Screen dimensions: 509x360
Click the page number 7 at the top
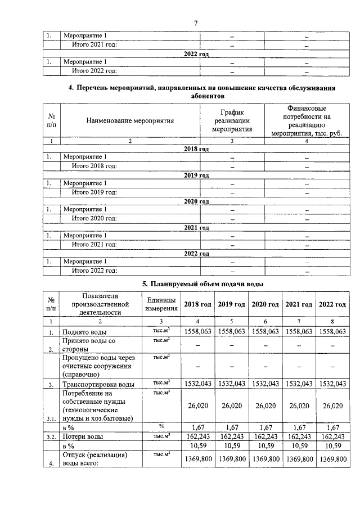[x=195, y=23]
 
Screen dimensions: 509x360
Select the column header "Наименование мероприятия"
[x=130, y=120]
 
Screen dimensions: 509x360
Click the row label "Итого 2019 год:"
[x=94, y=192]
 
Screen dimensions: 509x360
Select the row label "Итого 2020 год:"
[x=94, y=218]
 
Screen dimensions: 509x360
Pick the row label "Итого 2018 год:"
[x=94, y=166]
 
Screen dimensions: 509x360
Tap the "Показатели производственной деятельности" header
[x=100, y=304]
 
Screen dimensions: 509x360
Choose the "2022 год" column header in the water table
[x=332, y=304]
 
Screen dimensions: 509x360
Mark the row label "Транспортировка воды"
[x=98, y=384]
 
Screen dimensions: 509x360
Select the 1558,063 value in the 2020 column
[x=265, y=332]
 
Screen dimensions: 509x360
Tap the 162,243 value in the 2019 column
[x=232, y=436]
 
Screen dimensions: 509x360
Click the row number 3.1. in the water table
[x=51, y=418]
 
